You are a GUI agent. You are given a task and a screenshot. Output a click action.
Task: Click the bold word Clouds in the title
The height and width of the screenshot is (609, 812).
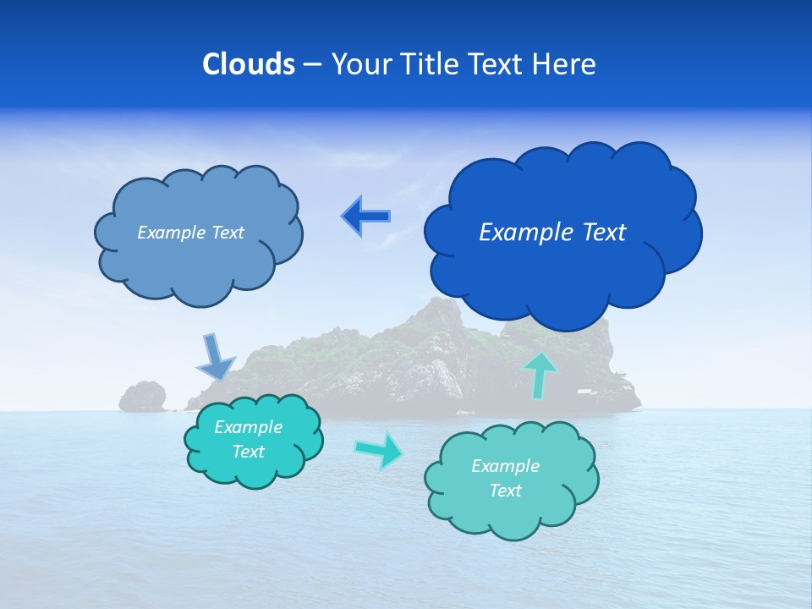248,64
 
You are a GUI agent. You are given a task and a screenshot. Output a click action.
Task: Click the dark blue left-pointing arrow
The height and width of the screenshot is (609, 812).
366,217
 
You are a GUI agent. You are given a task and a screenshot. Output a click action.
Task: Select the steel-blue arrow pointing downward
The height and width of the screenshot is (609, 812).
215,357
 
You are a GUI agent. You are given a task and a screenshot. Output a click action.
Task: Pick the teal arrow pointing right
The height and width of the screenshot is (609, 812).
380,449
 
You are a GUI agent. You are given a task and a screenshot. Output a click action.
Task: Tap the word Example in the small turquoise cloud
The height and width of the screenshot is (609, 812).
249,427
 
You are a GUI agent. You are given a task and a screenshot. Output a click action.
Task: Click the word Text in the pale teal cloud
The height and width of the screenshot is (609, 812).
506,491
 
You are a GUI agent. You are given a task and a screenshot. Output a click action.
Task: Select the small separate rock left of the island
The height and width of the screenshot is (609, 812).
142,396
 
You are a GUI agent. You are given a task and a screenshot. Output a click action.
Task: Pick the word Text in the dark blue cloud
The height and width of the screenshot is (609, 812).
603,233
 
